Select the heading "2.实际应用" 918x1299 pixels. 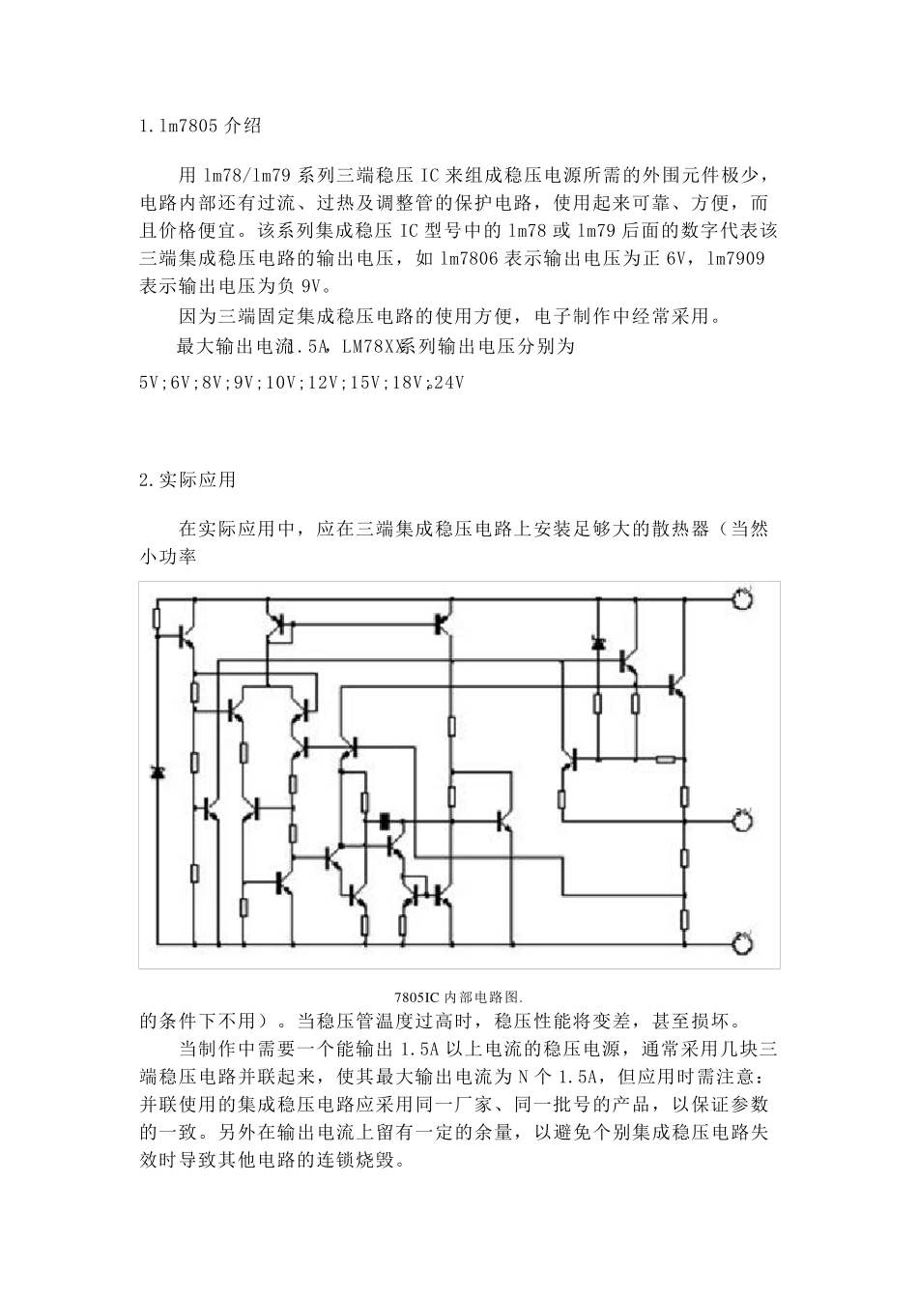[187, 480]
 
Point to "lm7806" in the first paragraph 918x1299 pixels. [470, 259]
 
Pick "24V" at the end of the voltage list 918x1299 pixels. [449, 383]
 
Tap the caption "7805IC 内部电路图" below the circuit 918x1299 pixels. [458, 996]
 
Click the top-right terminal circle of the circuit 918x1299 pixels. [742, 599]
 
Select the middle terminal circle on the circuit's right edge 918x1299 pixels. [742, 822]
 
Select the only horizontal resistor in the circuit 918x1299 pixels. [665, 759]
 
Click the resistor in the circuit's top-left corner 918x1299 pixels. [157, 619]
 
